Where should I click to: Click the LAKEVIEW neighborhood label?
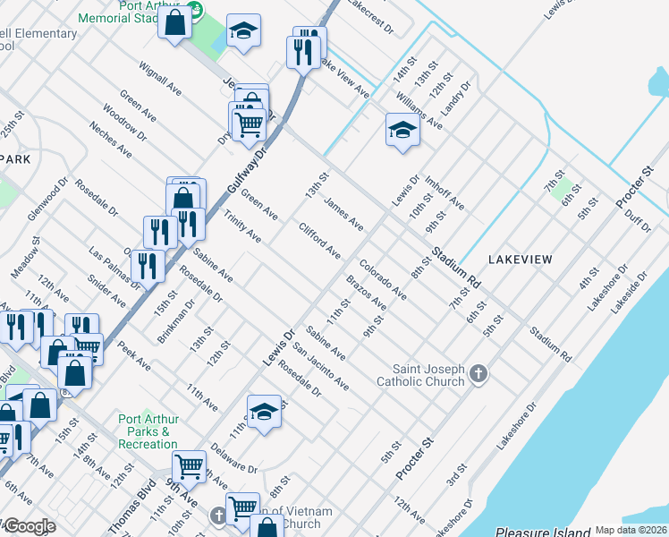pos(520,259)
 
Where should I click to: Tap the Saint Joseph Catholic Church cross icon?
pos(478,373)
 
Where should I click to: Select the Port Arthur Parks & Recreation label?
pos(148,431)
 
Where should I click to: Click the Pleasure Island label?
pos(543,531)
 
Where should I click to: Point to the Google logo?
pos(29,526)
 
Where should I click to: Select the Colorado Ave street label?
pos(383,279)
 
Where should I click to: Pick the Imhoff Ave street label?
pos(445,192)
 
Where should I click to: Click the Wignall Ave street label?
pos(160,79)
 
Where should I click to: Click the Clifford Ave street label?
pos(319,240)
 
